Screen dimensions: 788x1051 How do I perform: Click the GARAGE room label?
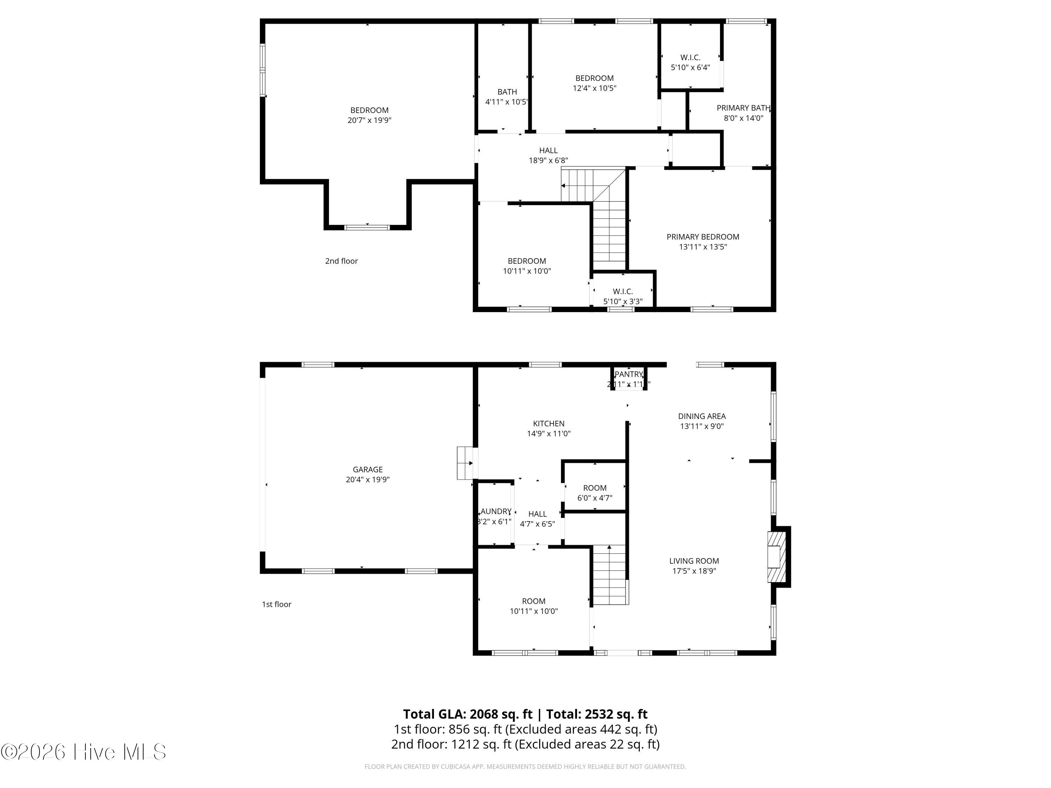click(x=367, y=469)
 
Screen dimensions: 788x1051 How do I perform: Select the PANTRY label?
click(x=628, y=374)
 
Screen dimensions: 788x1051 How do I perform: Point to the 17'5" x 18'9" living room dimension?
click(x=694, y=571)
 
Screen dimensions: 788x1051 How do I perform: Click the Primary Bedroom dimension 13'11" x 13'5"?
click(x=703, y=247)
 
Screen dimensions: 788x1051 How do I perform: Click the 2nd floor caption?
click(x=341, y=261)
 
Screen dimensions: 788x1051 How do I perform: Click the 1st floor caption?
click(x=276, y=604)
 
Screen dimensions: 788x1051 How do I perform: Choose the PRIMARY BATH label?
click(x=743, y=108)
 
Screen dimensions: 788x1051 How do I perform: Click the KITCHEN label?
click(x=548, y=423)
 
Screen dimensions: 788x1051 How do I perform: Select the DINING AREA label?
click(x=701, y=416)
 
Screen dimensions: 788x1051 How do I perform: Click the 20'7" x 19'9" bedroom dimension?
click(x=369, y=120)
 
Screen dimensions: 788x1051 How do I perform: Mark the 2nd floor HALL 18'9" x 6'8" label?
click(x=548, y=151)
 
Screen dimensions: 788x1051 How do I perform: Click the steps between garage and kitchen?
click(x=465, y=463)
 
